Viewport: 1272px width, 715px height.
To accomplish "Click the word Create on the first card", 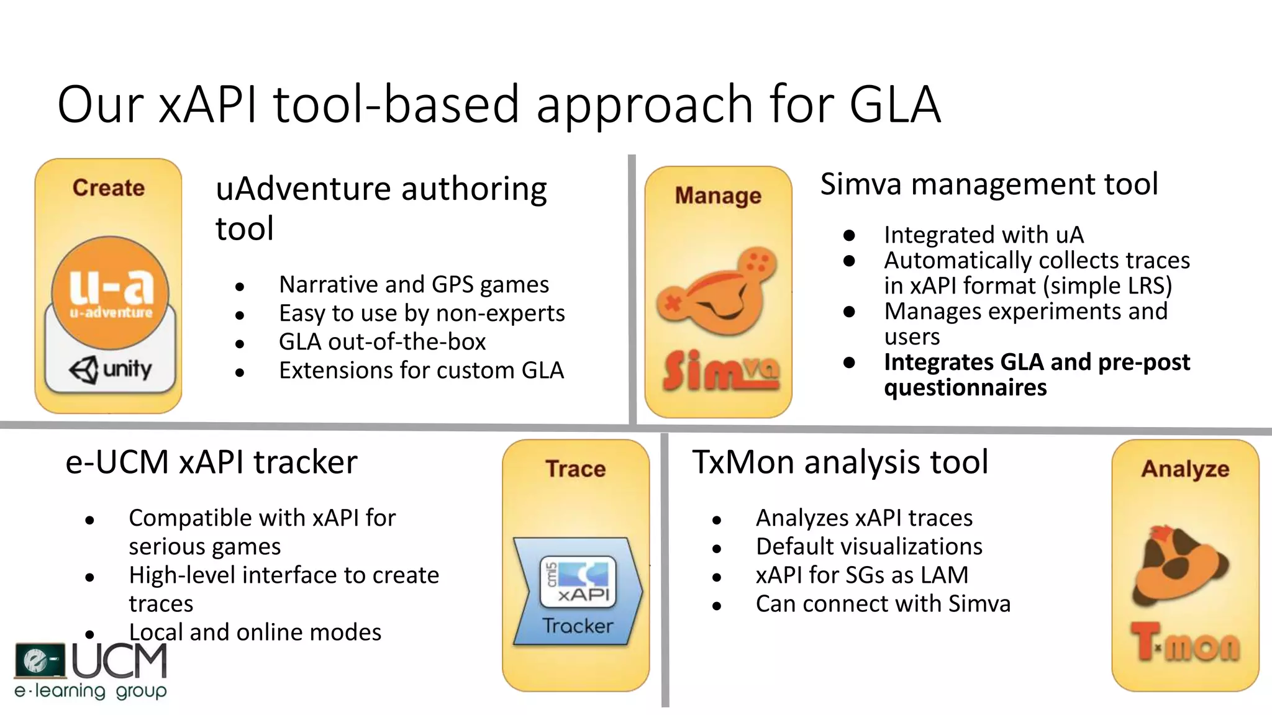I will (x=109, y=187).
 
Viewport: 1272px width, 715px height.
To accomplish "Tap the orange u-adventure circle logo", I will (x=110, y=292).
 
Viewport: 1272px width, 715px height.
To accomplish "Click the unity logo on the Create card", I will (x=111, y=370).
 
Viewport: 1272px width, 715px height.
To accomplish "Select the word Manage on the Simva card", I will (x=718, y=196).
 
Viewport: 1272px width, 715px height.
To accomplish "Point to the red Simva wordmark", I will (x=719, y=371).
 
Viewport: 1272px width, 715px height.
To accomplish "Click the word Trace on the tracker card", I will (x=576, y=469).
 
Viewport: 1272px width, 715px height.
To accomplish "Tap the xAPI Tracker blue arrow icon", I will (x=577, y=592).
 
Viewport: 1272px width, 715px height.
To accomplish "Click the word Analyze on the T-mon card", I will (x=1185, y=469).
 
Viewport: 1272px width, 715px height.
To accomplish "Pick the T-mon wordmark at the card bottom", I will (x=1185, y=644).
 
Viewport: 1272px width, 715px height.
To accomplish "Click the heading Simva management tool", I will (x=989, y=184).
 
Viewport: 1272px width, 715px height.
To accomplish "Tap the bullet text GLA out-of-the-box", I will (x=382, y=342).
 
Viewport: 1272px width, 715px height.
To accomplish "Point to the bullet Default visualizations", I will (x=869, y=547).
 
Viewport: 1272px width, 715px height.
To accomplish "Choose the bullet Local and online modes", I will (x=255, y=632).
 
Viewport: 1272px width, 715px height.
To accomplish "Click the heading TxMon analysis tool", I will (x=840, y=462).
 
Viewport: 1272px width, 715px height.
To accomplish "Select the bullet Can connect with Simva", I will (x=883, y=604).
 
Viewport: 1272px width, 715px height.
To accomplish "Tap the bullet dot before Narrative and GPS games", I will (x=240, y=287).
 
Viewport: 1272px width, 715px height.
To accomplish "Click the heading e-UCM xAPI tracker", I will (x=211, y=462).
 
